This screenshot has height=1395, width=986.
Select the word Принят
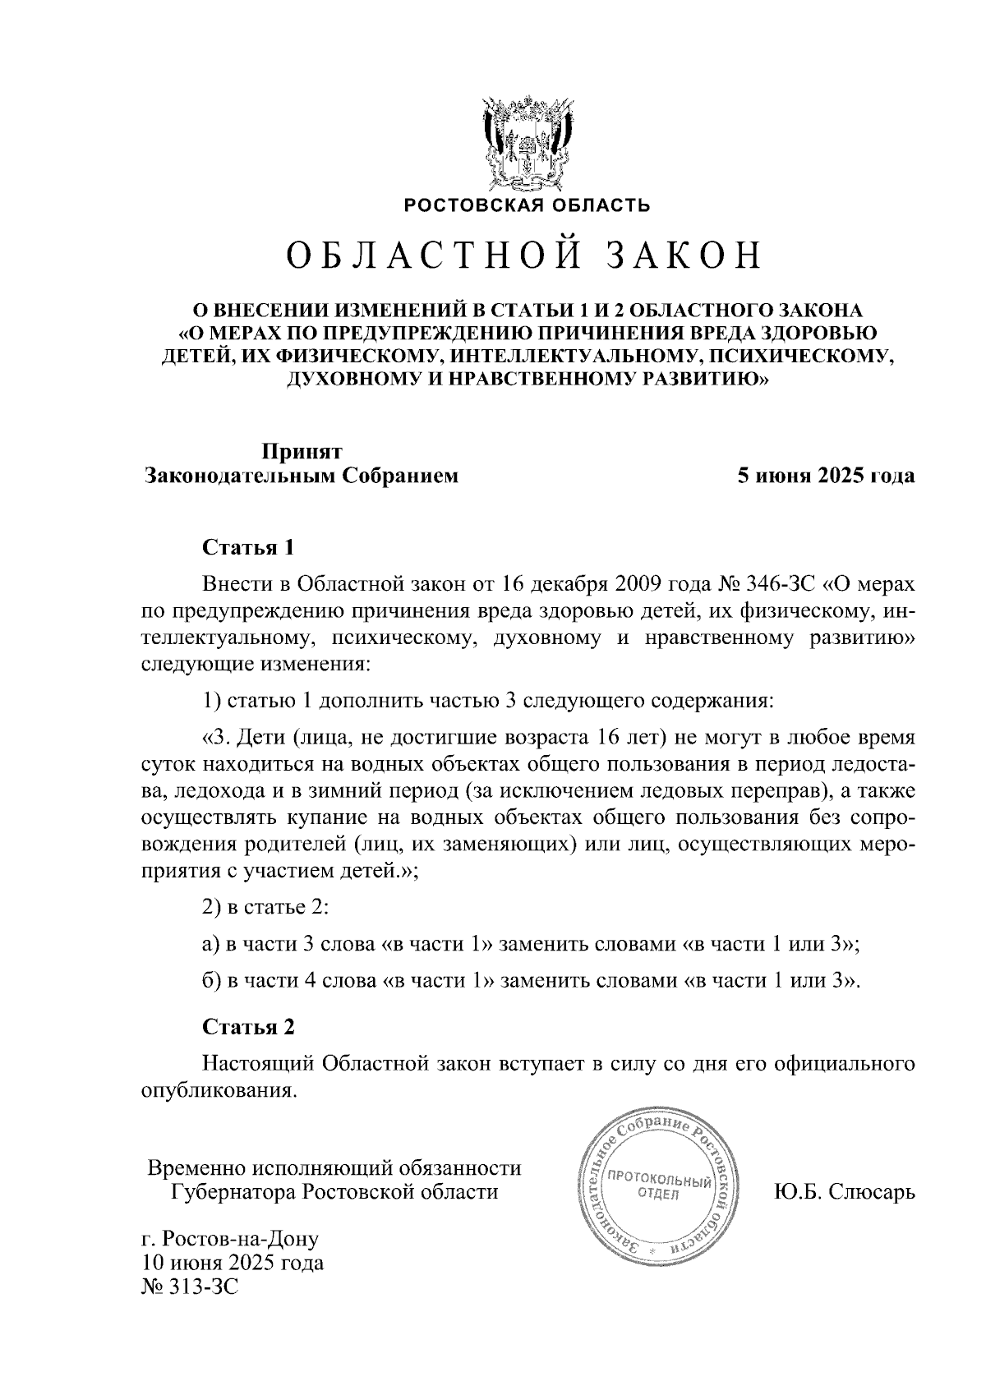tap(302, 452)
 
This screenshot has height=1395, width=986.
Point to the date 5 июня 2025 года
tap(825, 476)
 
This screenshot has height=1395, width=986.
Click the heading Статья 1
tap(247, 548)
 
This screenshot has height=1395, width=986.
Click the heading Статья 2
tap(247, 1027)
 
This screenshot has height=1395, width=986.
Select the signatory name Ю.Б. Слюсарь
tap(844, 1191)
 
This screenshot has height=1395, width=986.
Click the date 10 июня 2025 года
tap(233, 1263)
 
